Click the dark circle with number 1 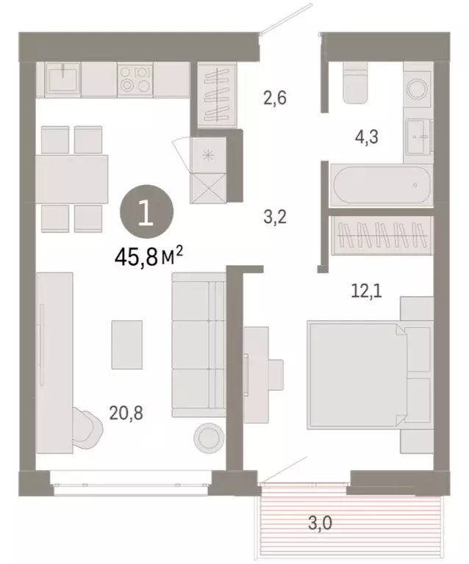point(147,212)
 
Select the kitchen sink point(63,76)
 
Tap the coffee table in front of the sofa point(126,344)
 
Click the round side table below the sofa point(207,438)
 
